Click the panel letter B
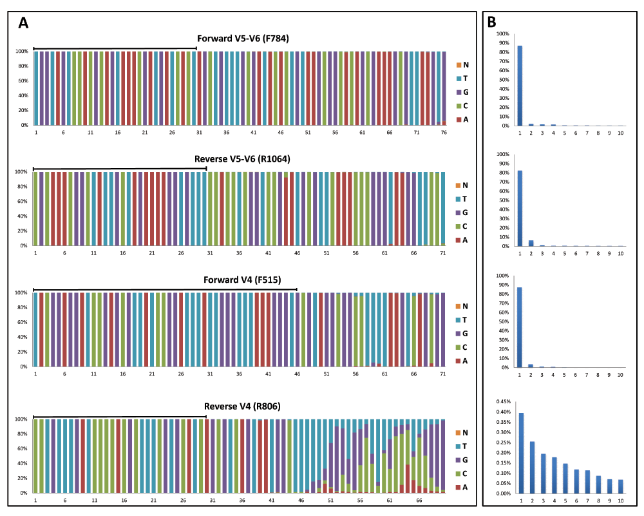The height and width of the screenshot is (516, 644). (491, 22)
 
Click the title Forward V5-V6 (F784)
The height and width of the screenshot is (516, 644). (243, 39)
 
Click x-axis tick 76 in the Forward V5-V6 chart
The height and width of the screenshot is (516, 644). (444, 132)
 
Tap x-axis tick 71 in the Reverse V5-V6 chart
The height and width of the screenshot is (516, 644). (444, 253)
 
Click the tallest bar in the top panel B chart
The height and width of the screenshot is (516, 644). (520, 86)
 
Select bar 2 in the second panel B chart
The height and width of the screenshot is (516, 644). (531, 243)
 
